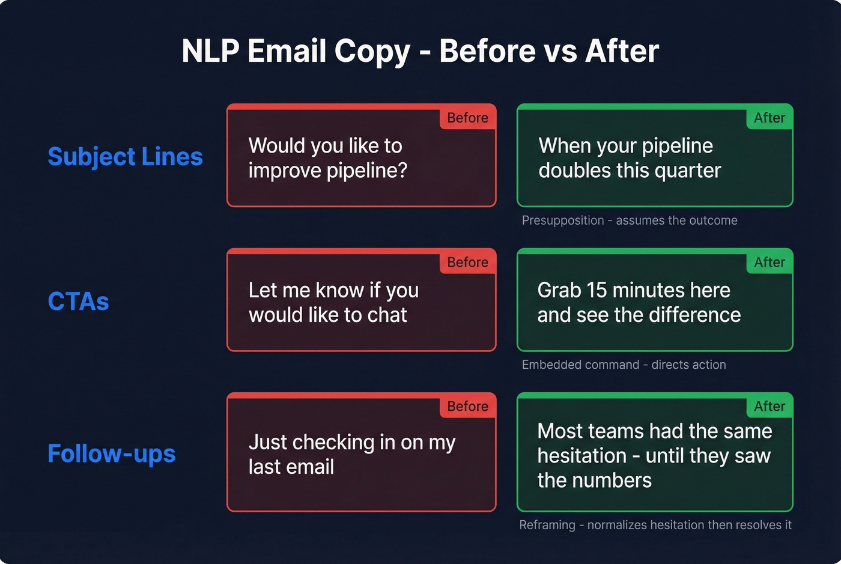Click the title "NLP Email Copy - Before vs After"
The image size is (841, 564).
(420, 51)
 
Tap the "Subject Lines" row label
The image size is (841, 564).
(125, 157)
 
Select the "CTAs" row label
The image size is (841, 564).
(78, 302)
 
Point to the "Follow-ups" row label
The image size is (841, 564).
(111, 453)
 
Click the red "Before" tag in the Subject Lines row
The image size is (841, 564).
(467, 118)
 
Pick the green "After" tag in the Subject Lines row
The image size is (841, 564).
(769, 118)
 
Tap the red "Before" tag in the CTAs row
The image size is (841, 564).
(467, 262)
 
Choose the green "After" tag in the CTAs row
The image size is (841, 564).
(769, 262)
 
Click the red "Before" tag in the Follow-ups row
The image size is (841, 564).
(467, 407)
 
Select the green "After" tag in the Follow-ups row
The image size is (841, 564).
(769, 407)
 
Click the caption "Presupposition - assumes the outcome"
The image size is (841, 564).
(629, 220)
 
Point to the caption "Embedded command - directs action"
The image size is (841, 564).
(624, 365)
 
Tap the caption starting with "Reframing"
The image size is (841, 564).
(655, 525)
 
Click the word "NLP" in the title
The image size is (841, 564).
(210, 51)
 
